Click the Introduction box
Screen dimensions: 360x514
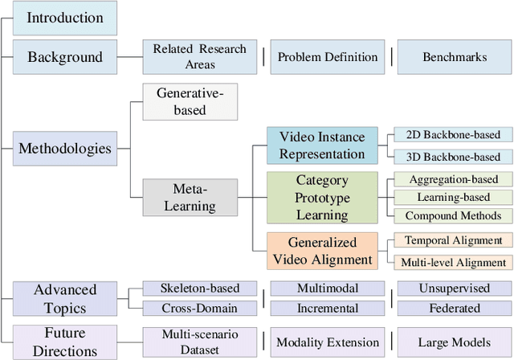[65, 18]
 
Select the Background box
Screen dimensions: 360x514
[65, 57]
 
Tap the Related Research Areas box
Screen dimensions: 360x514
[200, 57]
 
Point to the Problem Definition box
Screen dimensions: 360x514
[327, 57]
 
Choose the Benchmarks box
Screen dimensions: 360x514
[455, 57]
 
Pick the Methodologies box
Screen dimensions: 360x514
[65, 148]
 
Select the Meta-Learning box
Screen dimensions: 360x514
[190, 198]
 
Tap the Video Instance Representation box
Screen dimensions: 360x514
[321, 145]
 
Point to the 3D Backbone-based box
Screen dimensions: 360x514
[454, 157]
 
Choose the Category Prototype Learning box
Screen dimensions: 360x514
[322, 198]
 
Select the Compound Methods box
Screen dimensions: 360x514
[454, 215]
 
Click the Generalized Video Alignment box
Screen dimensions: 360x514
[322, 250]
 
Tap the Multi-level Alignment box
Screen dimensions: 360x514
[454, 262]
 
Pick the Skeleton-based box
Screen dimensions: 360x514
[200, 288]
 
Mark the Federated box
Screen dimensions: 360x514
[455, 308]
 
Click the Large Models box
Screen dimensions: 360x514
[455, 342]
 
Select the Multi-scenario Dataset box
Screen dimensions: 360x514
[200, 342]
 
